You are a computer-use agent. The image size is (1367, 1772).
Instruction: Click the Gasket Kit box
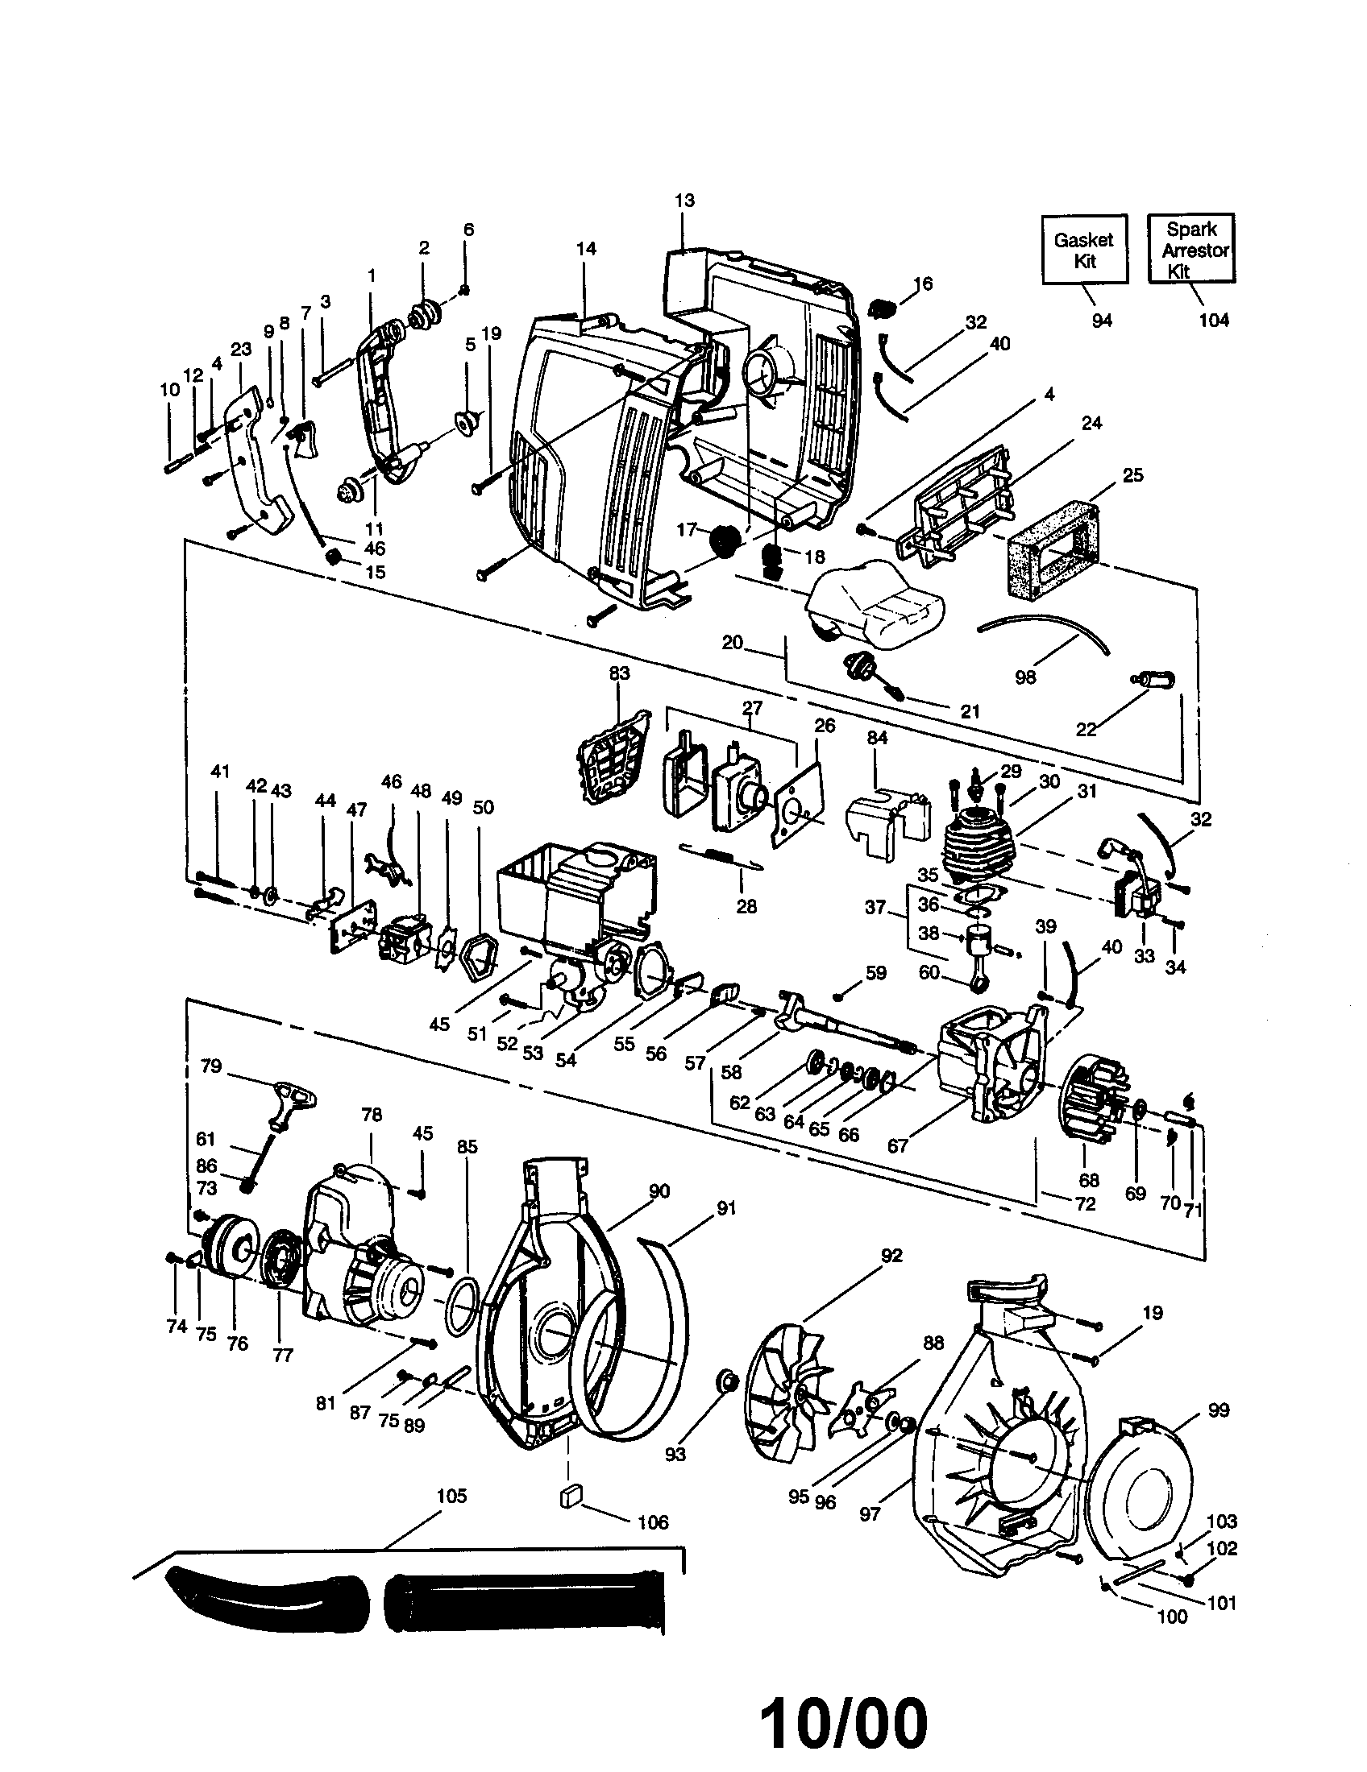(1084, 249)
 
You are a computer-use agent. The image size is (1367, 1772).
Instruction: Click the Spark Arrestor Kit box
(1190, 249)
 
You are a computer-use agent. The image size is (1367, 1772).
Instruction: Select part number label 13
(684, 201)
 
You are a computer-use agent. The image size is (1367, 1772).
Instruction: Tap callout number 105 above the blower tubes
(451, 1496)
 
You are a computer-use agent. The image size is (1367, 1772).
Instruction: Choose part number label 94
(1101, 321)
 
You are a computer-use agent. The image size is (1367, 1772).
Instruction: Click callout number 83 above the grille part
(618, 673)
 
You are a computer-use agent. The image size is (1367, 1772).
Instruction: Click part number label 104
(1214, 320)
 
